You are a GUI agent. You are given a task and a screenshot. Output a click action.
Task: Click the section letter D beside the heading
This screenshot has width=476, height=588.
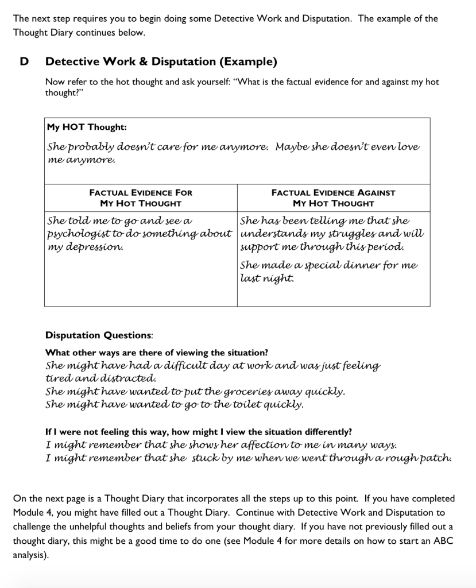point(24,61)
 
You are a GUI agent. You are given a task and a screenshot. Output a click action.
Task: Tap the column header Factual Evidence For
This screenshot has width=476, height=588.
point(141,193)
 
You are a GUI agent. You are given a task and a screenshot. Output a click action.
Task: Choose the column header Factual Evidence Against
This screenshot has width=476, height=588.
point(333,193)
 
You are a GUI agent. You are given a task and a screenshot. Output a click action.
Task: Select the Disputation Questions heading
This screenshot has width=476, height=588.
point(99,335)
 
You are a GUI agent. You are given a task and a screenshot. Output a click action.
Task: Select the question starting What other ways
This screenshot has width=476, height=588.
point(156,353)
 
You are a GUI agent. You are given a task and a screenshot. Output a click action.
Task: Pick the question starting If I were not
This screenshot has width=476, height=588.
point(199,432)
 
